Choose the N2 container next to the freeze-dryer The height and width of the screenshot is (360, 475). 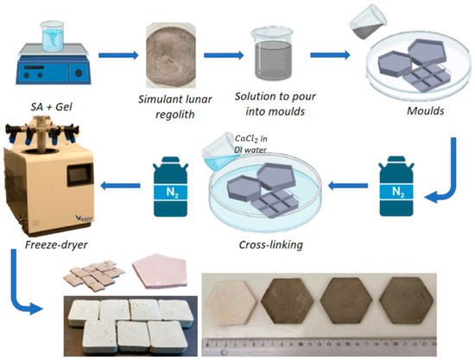click(x=168, y=185)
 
